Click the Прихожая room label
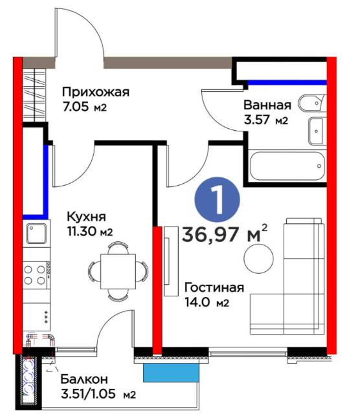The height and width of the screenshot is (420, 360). pyautogui.click(x=95, y=93)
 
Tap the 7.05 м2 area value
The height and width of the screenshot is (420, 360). pyautogui.click(x=84, y=107)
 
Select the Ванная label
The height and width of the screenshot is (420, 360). pyautogui.click(x=267, y=105)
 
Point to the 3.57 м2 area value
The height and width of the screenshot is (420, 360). pyautogui.click(x=266, y=120)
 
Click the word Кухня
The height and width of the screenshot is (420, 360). pyautogui.click(x=86, y=216)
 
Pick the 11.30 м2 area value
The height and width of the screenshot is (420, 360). pyautogui.click(x=90, y=231)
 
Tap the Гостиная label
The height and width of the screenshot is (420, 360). pyautogui.click(x=214, y=288)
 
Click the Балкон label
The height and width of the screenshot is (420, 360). pyautogui.click(x=84, y=379)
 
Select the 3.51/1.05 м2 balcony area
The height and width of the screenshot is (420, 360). pyautogui.click(x=98, y=394)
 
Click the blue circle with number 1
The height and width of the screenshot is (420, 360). pyautogui.click(x=217, y=199)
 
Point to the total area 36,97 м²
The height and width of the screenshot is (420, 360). pyautogui.click(x=225, y=234)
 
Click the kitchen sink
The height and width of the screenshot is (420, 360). pyautogui.click(x=36, y=234)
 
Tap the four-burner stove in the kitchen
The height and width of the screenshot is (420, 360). pyautogui.click(x=35, y=275)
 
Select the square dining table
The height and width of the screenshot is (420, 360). pyautogui.click(x=118, y=271)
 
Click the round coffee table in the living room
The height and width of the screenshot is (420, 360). pyautogui.click(x=259, y=259)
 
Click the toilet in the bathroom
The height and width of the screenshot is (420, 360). pyautogui.click(x=312, y=102)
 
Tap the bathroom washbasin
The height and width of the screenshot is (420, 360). pyautogui.click(x=317, y=131)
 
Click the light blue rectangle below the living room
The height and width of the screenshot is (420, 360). pyautogui.click(x=171, y=373)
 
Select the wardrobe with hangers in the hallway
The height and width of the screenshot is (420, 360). pyautogui.click(x=34, y=95)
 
